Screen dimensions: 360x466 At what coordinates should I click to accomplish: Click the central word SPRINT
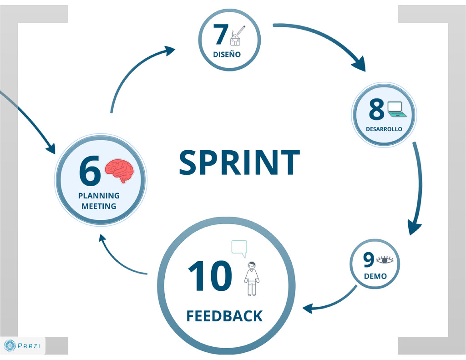coord(239,163)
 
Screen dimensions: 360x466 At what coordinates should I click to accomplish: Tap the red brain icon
coord(120,170)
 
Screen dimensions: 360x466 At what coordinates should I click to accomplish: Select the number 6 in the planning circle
coord(90,172)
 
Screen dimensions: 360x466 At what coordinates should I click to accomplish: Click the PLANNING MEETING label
coord(99,201)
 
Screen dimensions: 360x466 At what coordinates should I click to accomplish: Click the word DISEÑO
coord(227,55)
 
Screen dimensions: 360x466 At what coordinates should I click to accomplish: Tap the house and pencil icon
coord(237,36)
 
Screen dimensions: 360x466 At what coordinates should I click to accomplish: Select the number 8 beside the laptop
coord(376,110)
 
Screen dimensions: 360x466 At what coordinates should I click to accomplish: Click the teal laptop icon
coord(396,110)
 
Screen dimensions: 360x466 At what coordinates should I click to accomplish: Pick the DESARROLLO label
coord(384,129)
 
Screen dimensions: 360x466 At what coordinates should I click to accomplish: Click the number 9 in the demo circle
coord(368,260)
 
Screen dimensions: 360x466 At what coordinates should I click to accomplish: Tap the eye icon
coord(385,260)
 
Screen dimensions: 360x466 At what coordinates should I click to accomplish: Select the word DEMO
coord(375,276)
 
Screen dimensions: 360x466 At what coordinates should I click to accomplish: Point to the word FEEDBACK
coord(224,316)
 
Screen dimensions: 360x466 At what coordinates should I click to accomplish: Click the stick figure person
coord(252,279)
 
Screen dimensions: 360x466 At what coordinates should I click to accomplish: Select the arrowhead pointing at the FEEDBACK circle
coord(307,308)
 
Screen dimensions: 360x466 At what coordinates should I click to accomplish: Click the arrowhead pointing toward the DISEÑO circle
coord(170,50)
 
